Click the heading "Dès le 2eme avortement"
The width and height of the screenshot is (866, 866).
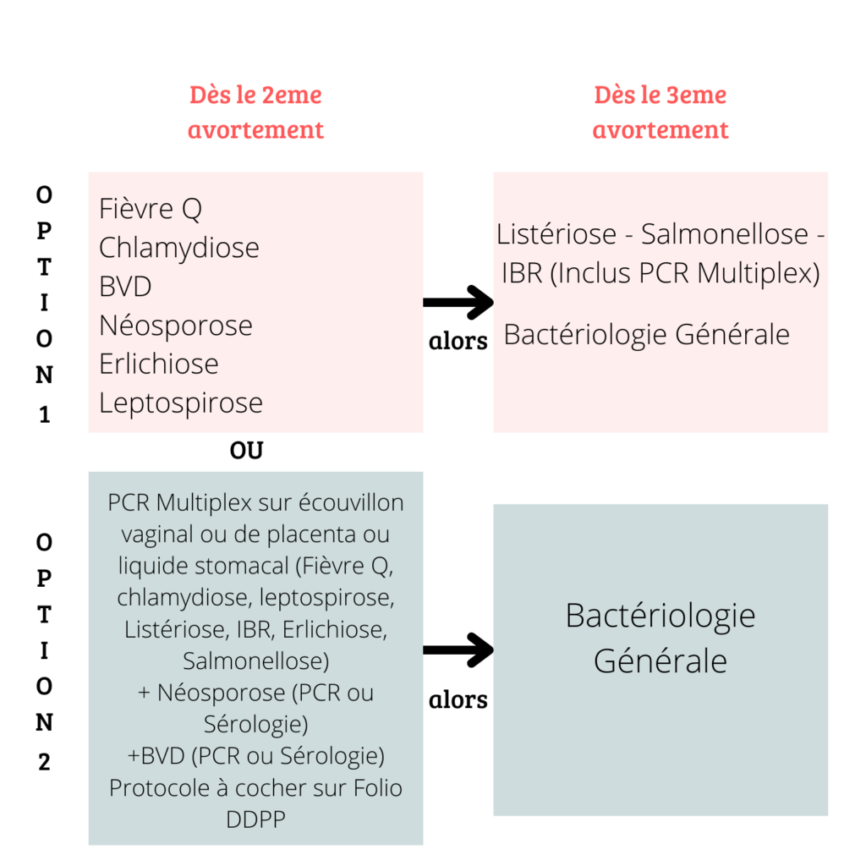[255, 112]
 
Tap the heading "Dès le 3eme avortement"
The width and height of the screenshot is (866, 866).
[660, 112]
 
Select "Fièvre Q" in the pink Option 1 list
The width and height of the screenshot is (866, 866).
[151, 209]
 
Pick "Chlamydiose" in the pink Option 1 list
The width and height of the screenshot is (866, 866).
[179, 248]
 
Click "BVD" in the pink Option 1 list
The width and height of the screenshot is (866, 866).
[125, 286]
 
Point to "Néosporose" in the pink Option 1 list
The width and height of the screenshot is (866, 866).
[176, 325]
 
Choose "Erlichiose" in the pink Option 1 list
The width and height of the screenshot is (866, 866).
[159, 364]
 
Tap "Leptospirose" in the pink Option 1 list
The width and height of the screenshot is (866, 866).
[181, 403]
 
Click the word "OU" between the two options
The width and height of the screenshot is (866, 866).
[246, 451]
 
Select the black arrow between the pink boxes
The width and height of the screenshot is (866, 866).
[458, 302]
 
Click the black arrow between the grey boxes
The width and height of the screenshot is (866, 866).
[458, 650]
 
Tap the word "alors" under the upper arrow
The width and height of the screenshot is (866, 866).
[458, 341]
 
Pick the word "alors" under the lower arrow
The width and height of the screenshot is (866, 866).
[458, 699]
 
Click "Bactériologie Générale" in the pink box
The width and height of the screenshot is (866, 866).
[647, 335]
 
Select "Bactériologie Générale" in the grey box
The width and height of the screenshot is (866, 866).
[660, 638]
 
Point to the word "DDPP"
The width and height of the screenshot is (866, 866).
[255, 819]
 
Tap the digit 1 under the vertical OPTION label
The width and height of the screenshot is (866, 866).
[44, 414]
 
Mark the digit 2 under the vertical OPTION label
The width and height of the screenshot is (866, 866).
[44, 762]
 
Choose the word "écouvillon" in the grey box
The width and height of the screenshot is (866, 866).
[351, 502]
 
